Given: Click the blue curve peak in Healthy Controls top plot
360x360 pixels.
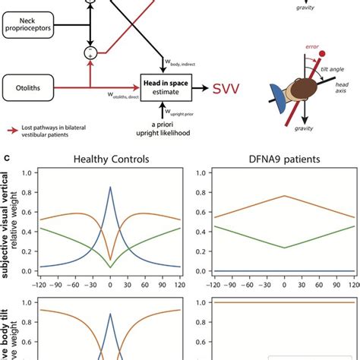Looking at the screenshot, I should coord(110,187).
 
